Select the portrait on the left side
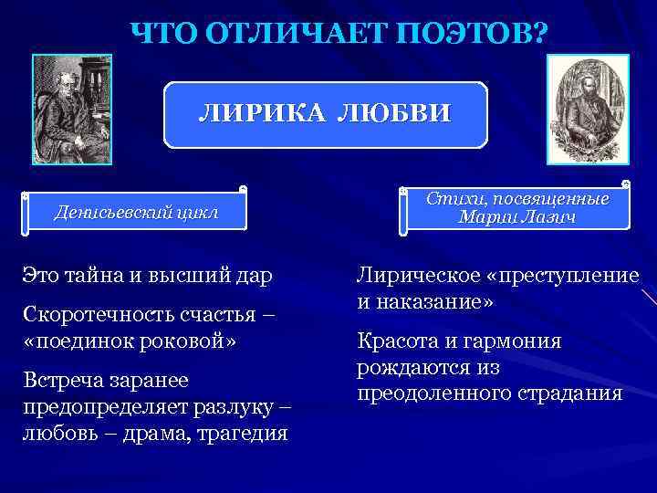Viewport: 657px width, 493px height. pos(71,109)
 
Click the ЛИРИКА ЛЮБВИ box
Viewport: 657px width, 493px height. pos(325,115)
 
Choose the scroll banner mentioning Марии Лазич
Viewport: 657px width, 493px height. pos(516,208)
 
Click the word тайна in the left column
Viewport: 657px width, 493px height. pos(96,274)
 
